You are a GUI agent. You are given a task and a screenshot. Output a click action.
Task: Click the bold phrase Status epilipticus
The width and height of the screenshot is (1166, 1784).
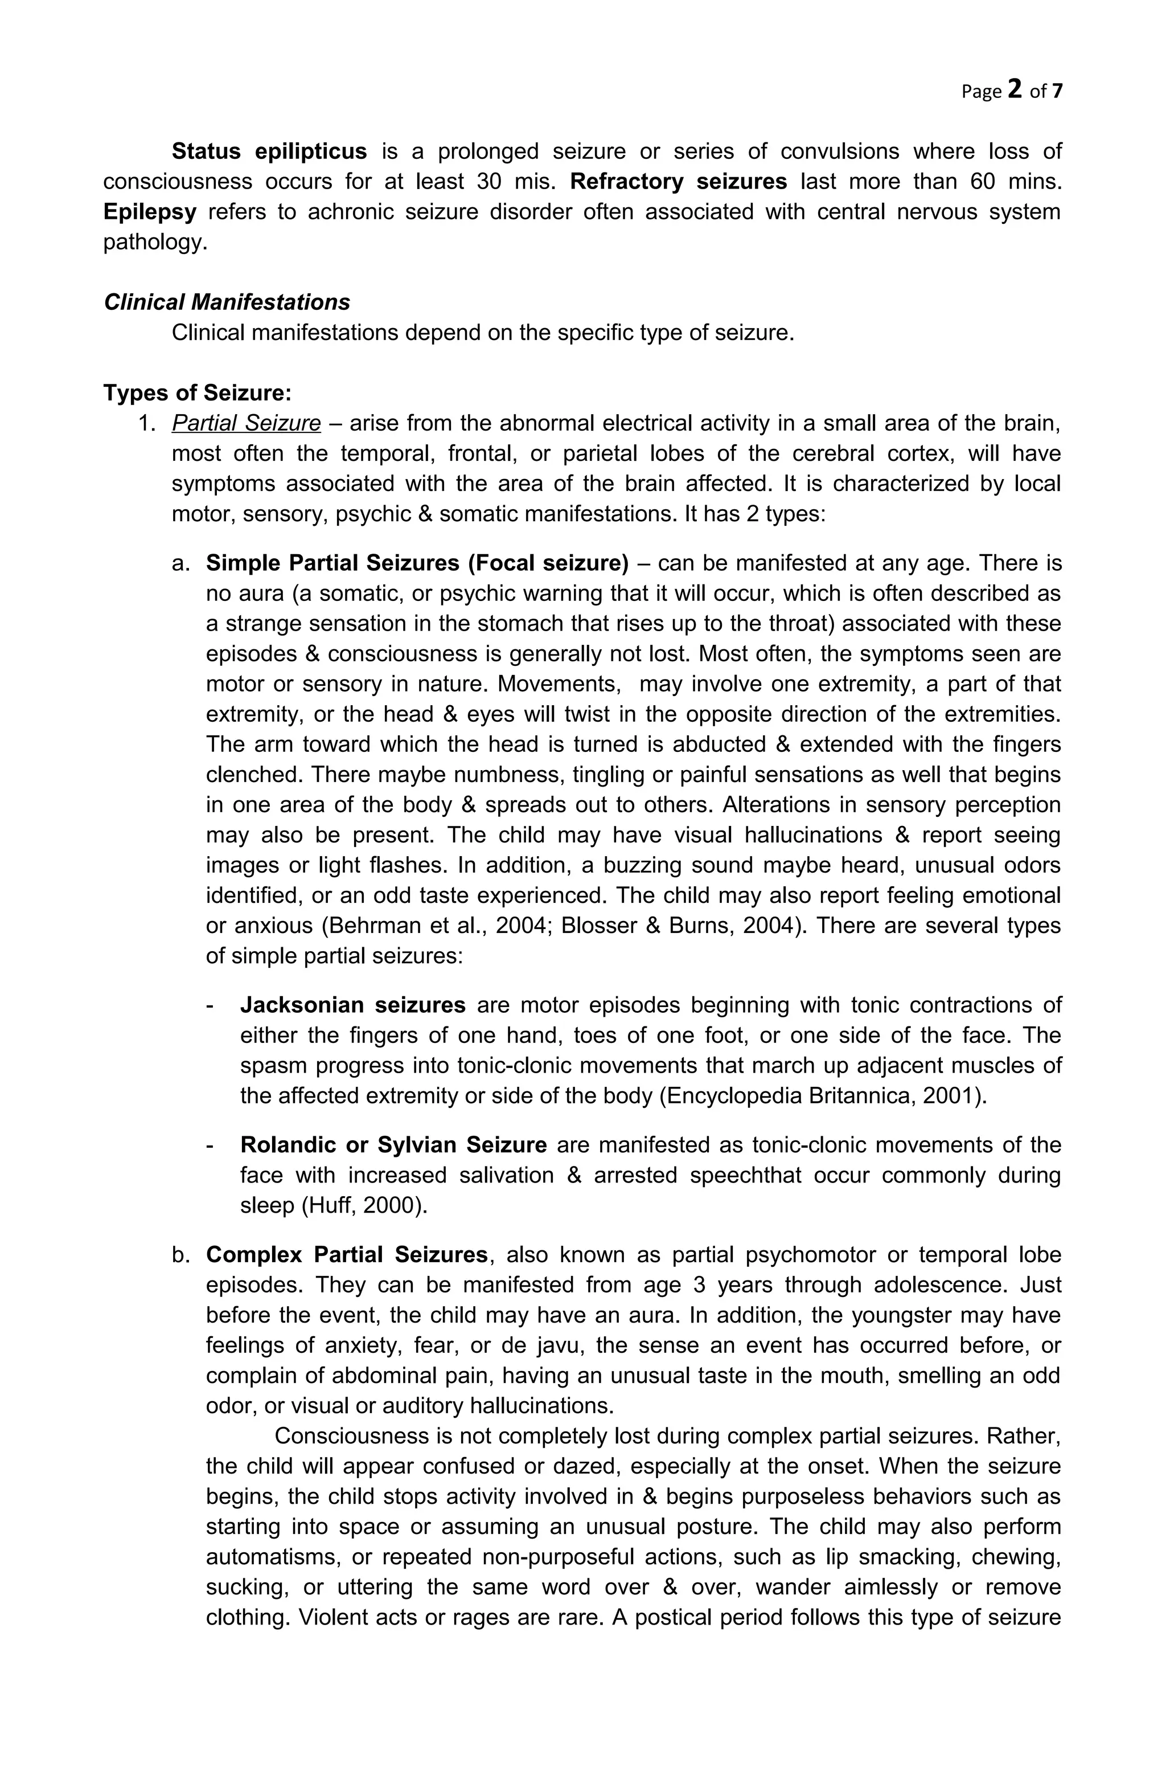point(269,152)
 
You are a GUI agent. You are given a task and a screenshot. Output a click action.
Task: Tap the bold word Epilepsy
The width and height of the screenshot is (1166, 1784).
point(149,211)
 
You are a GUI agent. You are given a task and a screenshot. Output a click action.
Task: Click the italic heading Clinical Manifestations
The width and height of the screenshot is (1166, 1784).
point(226,302)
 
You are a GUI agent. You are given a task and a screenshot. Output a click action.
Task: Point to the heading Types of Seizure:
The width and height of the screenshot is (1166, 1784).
point(197,393)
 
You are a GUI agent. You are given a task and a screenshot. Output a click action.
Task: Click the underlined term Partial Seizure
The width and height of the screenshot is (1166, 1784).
point(246,424)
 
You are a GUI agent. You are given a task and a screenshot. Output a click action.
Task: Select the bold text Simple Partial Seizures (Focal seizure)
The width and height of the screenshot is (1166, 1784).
point(417,563)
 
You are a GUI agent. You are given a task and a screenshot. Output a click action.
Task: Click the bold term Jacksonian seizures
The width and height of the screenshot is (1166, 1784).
point(352,1005)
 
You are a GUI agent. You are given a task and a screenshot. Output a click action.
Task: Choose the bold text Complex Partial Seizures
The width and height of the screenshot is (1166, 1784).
point(346,1255)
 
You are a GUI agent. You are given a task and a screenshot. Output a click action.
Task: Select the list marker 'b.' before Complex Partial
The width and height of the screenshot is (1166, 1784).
point(180,1255)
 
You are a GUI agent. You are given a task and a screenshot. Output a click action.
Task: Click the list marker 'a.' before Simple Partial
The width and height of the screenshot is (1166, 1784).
point(180,563)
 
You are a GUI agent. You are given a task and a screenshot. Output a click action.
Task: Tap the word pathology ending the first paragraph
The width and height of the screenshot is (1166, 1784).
point(154,242)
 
